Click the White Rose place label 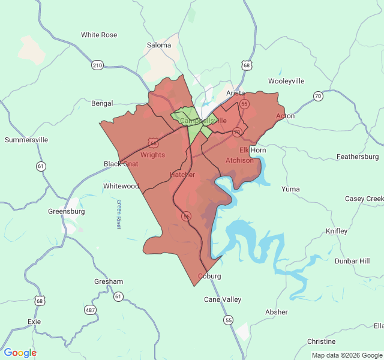99,35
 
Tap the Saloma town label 159,45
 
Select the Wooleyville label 286,81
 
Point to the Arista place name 236,93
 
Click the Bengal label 102,103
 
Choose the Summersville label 26,140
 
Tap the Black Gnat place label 121,164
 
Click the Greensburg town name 67,211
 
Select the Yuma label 290,189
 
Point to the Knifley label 336,231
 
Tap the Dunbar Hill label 352,261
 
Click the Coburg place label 209,277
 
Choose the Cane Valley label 223,299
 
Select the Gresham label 109,281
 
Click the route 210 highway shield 97,65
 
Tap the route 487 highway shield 91,310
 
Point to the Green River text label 119,214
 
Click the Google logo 20,353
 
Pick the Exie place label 34,322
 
